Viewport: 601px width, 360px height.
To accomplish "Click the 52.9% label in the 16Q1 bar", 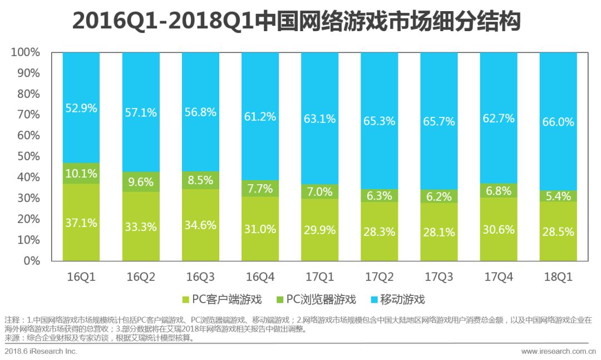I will (81, 109).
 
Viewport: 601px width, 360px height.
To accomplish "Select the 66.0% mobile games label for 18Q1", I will (558, 122).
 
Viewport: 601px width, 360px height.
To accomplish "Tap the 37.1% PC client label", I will (81, 223).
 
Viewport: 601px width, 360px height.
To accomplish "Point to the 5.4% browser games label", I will (558, 196).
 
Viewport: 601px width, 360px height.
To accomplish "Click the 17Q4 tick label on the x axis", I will (499, 276).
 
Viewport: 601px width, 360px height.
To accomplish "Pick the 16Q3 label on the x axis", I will (200, 276).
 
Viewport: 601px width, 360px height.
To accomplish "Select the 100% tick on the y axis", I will (26, 52).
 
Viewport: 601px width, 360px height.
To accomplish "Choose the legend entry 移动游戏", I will (397, 300).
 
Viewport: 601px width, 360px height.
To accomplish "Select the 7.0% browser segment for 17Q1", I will (319, 191).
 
